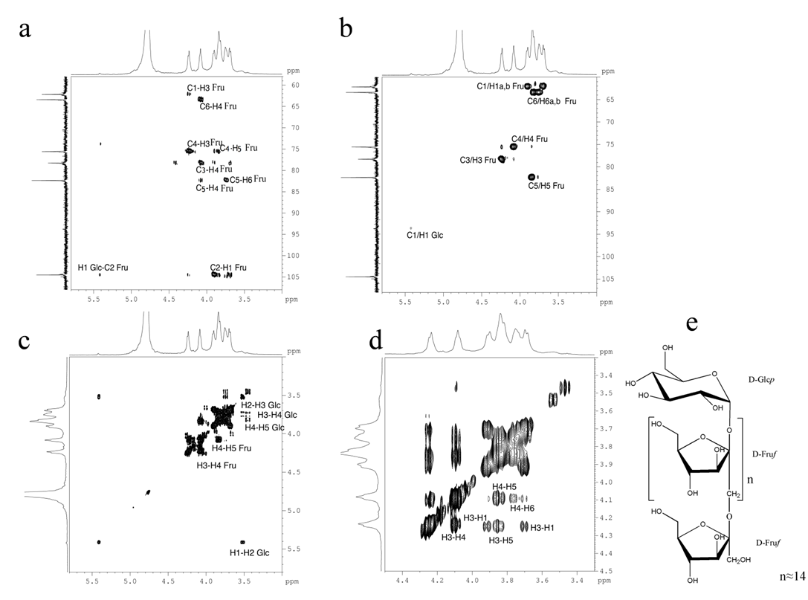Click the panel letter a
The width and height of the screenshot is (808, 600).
click(25, 30)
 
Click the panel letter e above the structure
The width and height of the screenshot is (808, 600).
click(692, 323)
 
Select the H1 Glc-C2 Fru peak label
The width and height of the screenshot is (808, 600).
click(103, 268)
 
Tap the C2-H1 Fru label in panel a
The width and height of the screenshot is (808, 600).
click(228, 268)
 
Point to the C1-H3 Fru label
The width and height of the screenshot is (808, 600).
click(206, 88)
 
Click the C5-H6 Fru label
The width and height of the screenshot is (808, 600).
click(248, 179)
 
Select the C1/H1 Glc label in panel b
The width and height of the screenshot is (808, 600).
click(424, 236)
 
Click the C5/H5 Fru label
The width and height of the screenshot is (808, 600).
click(546, 186)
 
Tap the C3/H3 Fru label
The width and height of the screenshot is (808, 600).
click(478, 161)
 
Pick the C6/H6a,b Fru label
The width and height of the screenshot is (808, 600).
click(552, 102)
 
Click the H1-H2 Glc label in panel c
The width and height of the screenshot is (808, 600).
click(250, 553)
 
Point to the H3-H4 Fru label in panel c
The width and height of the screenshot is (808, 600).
click(216, 465)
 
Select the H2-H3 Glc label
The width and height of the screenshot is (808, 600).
click(261, 405)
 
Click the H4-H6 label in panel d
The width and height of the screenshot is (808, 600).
click(522, 509)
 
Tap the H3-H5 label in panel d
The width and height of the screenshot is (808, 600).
click(501, 541)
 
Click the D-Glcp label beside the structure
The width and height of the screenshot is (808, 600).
click(762, 380)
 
